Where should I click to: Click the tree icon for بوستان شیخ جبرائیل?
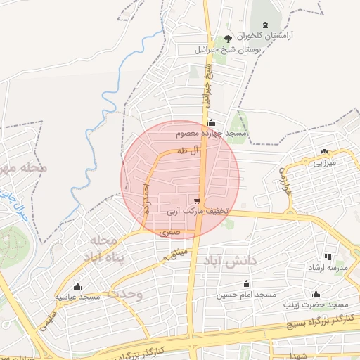click(227, 38)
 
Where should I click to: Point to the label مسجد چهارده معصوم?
click(212, 133)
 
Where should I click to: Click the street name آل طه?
click(190, 150)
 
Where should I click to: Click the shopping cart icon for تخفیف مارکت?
click(195, 200)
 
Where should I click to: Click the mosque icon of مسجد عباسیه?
click(77, 287)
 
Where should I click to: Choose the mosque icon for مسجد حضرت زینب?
click(316, 295)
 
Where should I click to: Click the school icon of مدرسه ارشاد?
click(327, 257)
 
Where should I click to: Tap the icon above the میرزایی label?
click(324, 151)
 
